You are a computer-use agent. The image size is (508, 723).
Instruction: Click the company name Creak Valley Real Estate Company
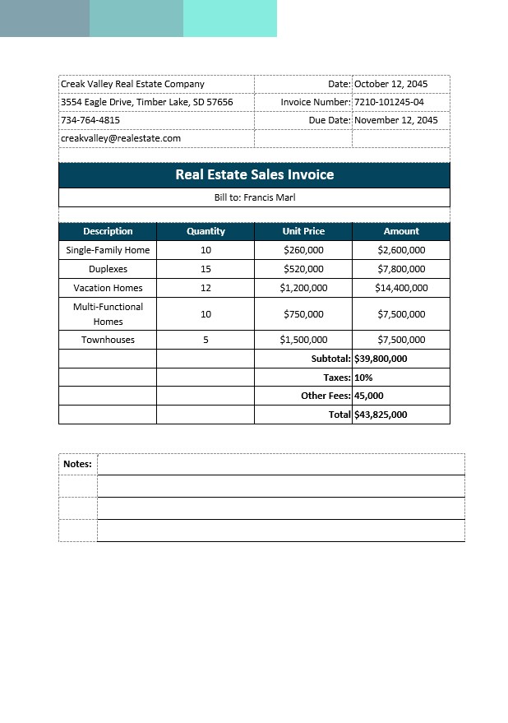point(132,84)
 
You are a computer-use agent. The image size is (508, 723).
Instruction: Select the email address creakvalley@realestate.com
point(121,138)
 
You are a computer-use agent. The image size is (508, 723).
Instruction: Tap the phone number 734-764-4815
point(90,120)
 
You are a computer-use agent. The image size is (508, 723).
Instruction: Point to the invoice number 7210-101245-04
point(389,102)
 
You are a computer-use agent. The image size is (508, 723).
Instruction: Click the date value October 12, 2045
point(390,84)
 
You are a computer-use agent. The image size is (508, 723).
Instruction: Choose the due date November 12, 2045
point(395,120)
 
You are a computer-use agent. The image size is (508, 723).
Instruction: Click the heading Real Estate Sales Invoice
point(254,175)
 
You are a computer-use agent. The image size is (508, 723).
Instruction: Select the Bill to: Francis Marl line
point(254,197)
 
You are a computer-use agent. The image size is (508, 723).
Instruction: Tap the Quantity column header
point(206,231)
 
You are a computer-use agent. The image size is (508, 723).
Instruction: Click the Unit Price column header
point(303,231)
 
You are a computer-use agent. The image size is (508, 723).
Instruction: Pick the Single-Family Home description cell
point(108,250)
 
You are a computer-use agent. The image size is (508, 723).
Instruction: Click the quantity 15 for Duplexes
point(206,269)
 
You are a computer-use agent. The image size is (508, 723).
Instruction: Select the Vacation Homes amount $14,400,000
point(401,288)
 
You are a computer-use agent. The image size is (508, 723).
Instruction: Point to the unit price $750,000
point(303,314)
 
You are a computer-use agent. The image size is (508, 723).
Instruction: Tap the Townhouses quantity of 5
point(206,340)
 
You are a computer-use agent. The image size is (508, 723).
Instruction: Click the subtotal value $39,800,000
point(381,359)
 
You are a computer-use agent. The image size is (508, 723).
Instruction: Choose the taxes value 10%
point(363,378)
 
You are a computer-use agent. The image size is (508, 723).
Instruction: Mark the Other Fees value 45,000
point(369,396)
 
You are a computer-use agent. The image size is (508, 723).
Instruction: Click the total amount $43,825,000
point(381,415)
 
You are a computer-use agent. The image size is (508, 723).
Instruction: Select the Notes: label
point(77,464)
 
